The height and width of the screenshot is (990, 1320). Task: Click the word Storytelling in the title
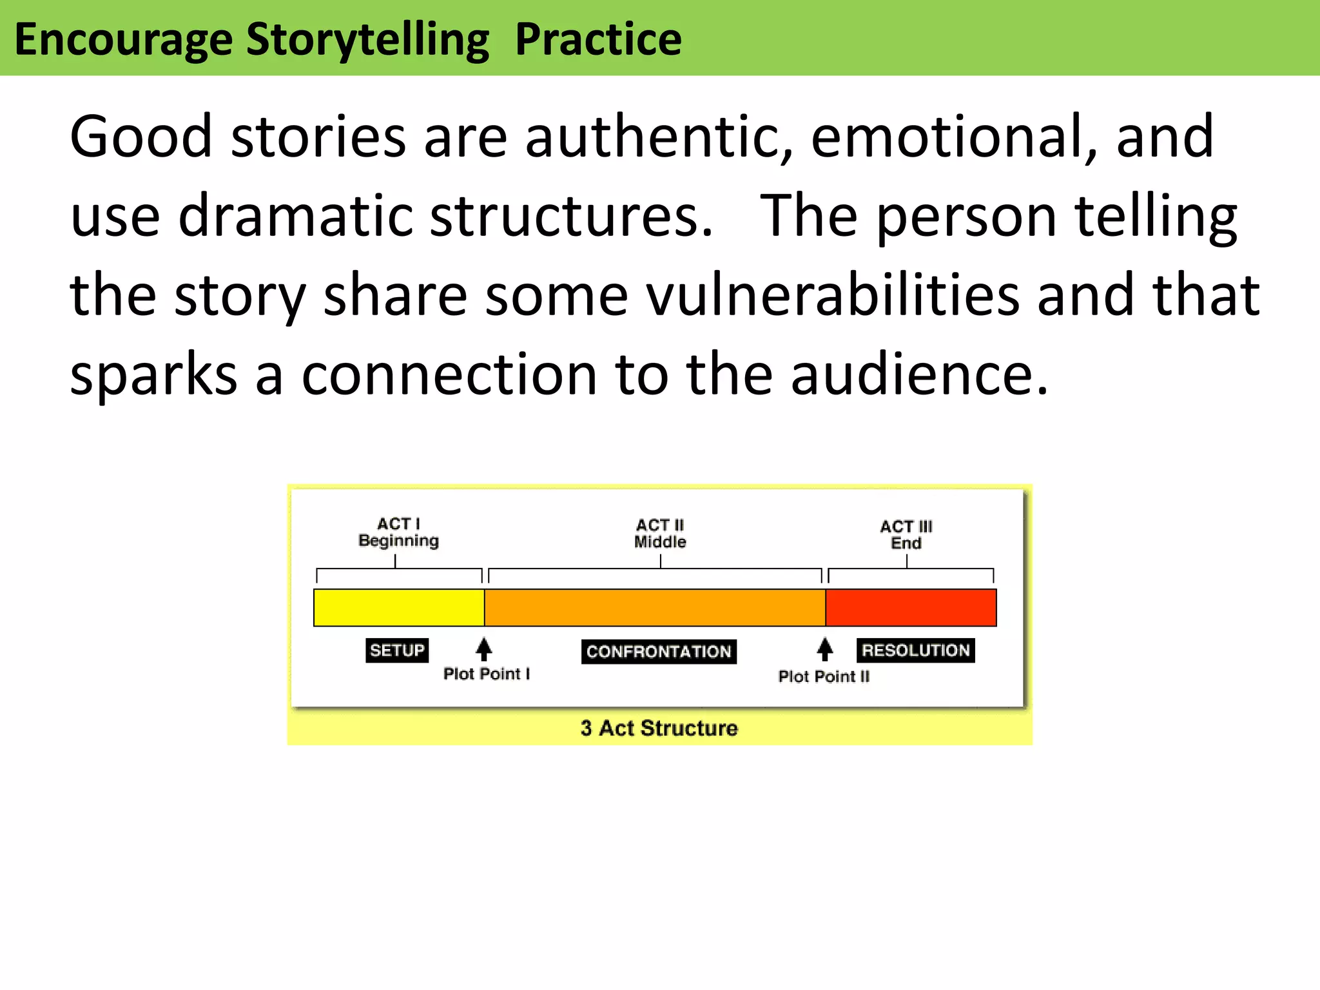point(367,40)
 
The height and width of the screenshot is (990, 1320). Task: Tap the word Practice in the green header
point(598,40)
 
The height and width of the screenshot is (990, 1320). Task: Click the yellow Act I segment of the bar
point(399,607)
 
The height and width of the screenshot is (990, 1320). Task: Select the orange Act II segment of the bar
point(655,607)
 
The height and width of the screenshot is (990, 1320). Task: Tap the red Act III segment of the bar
point(911,607)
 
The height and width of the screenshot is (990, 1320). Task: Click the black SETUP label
point(397,650)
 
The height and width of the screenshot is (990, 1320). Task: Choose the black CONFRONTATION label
point(659,652)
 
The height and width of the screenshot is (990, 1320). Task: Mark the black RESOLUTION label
point(915,650)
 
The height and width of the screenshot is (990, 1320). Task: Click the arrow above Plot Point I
point(484,649)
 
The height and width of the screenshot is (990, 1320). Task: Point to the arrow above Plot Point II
point(824,649)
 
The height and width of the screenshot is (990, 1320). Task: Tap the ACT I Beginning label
point(398,532)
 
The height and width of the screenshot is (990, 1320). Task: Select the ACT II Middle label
point(660,534)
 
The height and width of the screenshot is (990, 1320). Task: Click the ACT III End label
point(906,535)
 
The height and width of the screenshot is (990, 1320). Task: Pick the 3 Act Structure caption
point(659,728)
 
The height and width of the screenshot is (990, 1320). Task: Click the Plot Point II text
point(824,677)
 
